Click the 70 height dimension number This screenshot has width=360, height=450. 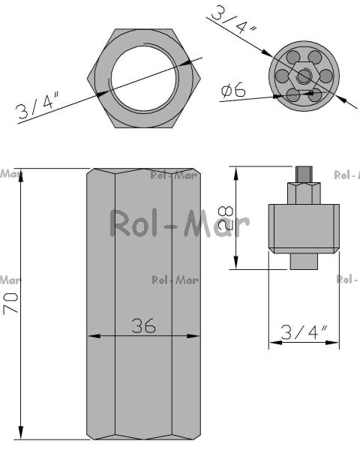10,303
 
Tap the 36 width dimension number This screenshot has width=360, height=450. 143,325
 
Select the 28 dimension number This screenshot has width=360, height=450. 226,217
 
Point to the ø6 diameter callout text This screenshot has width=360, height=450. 233,89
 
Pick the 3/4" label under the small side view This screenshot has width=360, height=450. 304,332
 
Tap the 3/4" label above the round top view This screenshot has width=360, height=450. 234,19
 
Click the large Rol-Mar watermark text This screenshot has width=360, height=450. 180,223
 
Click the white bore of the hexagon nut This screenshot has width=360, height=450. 145,78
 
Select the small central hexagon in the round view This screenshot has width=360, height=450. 304,76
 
